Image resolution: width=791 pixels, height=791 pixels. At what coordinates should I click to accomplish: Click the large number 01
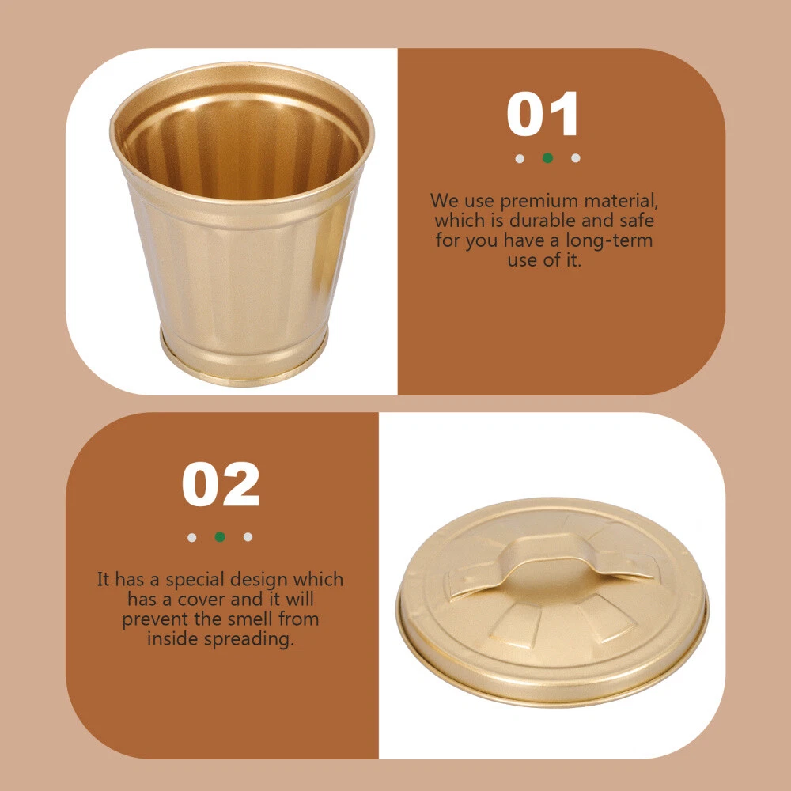coord(543,114)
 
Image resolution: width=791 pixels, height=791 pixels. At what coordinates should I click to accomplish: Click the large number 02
coord(221,484)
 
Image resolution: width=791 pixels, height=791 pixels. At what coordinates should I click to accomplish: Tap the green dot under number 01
coord(547,158)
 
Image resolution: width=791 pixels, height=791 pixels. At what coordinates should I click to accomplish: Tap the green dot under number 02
coord(220,537)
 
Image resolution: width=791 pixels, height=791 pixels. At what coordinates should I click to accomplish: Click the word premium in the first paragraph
coord(539,201)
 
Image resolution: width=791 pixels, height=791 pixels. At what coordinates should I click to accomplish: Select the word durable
coord(543,221)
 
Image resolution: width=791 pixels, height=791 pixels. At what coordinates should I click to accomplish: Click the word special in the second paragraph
coord(195,580)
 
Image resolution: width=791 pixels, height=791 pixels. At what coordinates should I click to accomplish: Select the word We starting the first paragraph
coord(445,201)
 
